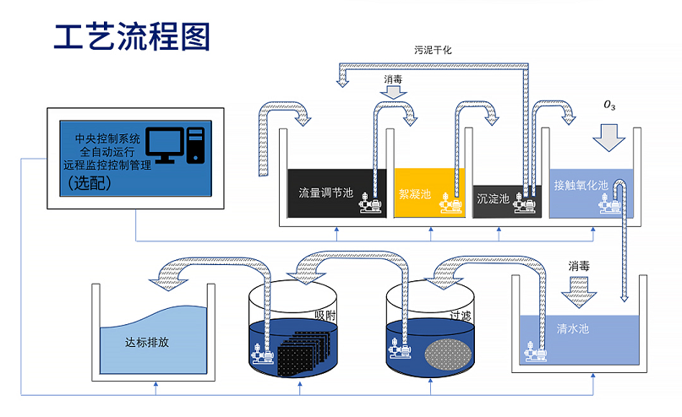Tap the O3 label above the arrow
tap(608, 105)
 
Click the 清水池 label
tap(573, 328)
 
